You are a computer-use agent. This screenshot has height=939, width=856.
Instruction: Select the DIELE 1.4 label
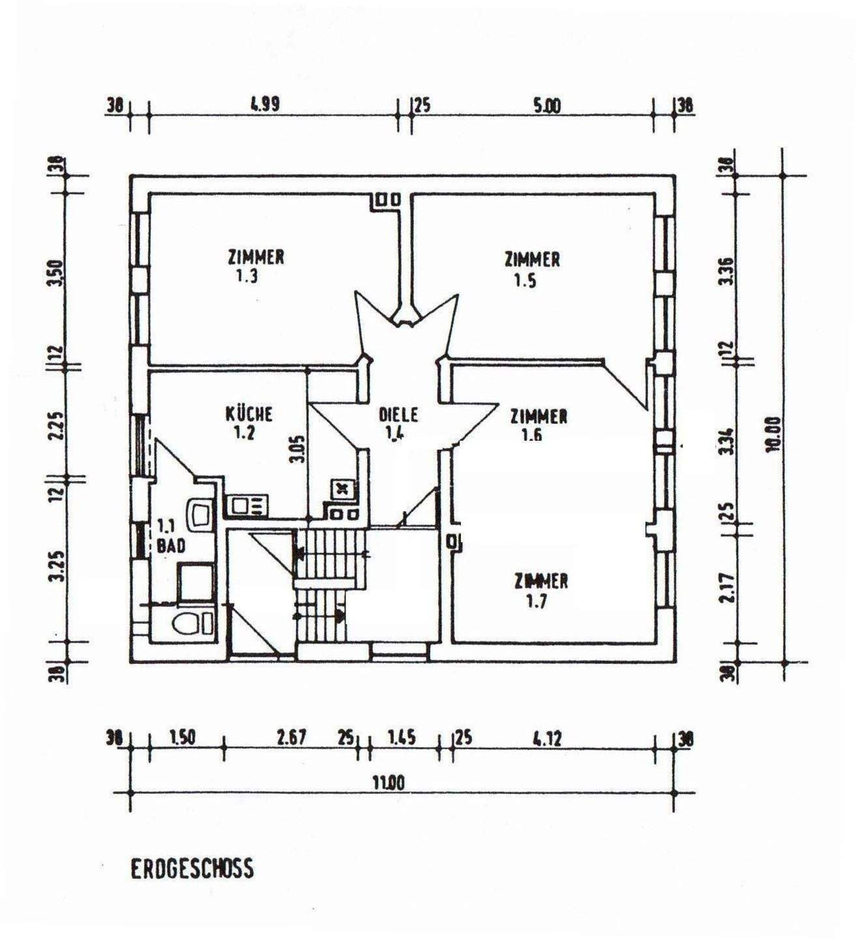(398, 424)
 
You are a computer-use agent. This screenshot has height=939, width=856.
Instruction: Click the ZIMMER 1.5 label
(531, 269)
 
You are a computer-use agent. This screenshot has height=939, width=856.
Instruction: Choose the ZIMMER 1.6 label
(538, 424)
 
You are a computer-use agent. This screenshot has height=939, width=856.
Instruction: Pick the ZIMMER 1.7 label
(540, 589)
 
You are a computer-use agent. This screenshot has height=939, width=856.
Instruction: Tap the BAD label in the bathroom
(171, 546)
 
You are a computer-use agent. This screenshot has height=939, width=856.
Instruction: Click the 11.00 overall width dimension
(389, 782)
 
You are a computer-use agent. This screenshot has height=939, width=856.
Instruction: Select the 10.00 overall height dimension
(774, 433)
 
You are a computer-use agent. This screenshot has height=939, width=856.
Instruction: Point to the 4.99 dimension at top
(265, 105)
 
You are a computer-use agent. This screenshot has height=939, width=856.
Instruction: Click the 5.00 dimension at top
(546, 106)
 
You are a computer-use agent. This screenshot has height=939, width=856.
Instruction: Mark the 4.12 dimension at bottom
(546, 739)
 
